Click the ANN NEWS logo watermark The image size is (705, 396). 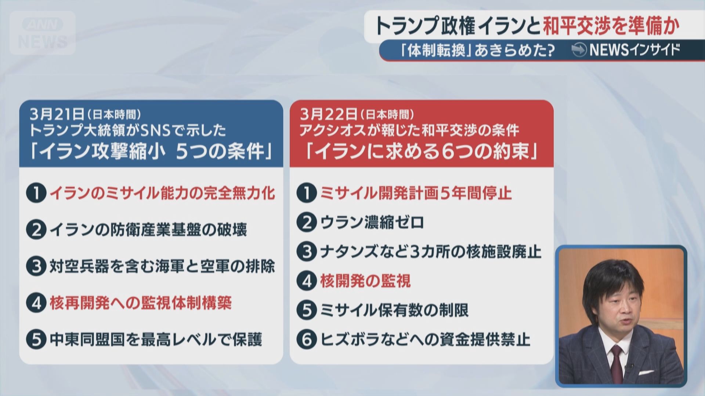pyautogui.click(x=43, y=33)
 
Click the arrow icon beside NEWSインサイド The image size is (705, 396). pyautogui.click(x=579, y=50)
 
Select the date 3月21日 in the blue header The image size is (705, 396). pyautogui.click(x=57, y=115)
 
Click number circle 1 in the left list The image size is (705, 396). pyautogui.click(x=36, y=193)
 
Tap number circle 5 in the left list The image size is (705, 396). pyautogui.click(x=36, y=339)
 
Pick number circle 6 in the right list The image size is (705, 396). pyautogui.click(x=307, y=339)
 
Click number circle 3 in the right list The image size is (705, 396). pyautogui.click(x=307, y=252)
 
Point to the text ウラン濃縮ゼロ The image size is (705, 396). pyautogui.click(x=372, y=222)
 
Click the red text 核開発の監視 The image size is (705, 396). pyautogui.click(x=365, y=281)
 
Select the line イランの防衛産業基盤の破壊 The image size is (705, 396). pyautogui.click(x=148, y=230)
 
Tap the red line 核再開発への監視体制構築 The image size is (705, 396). pyautogui.click(x=141, y=303)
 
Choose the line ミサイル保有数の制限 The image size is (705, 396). pyautogui.click(x=394, y=310)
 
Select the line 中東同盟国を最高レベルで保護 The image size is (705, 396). pyautogui.click(x=156, y=339)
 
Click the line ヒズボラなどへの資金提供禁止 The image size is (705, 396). pyautogui.click(x=425, y=339)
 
